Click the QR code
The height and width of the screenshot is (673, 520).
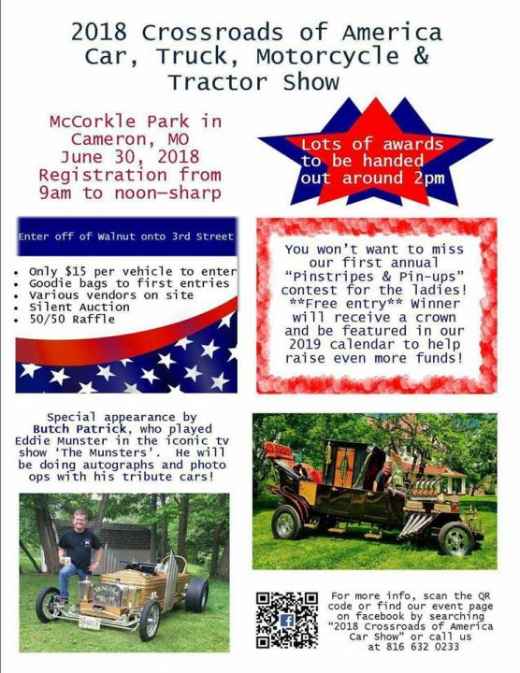(x=287, y=620)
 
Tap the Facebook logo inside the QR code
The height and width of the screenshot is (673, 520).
(x=287, y=621)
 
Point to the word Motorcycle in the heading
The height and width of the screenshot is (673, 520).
(x=327, y=56)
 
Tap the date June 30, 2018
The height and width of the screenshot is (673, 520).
(x=130, y=157)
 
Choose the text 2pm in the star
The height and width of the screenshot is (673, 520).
(x=429, y=179)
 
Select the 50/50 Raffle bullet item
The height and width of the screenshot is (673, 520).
(x=72, y=320)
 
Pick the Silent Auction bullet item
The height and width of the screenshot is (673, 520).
(x=79, y=308)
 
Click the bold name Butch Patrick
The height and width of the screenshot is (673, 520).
(x=79, y=429)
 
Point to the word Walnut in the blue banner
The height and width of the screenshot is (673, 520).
(x=116, y=236)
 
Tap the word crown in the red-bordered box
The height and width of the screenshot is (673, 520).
(x=436, y=318)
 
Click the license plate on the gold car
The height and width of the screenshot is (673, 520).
(x=89, y=622)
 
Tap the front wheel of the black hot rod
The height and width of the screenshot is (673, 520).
(x=456, y=538)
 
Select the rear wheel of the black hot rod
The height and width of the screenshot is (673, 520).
(x=286, y=522)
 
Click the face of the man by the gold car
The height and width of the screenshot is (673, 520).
(x=79, y=519)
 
